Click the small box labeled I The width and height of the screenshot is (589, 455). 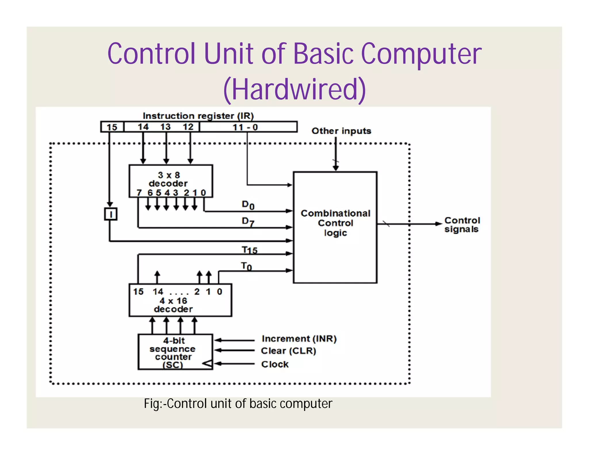pyautogui.click(x=110, y=214)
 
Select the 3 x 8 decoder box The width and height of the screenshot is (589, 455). pyautogui.click(x=171, y=181)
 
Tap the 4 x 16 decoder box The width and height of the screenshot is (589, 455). pyautogui.click(x=180, y=301)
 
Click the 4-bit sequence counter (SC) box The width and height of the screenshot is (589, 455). pyautogui.click(x=175, y=352)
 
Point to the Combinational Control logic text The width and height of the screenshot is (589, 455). pyautogui.click(x=335, y=223)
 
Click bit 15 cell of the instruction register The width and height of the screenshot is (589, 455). pyautogui.click(x=112, y=127)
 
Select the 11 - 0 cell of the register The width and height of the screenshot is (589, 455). pyautogui.click(x=248, y=127)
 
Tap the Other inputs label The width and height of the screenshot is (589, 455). pyautogui.click(x=341, y=131)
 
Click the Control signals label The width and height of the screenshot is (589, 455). pyautogui.click(x=462, y=225)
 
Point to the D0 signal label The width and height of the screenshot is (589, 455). pyautogui.click(x=248, y=205)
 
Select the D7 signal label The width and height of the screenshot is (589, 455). pyautogui.click(x=248, y=221)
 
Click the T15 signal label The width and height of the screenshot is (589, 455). pyautogui.click(x=249, y=250)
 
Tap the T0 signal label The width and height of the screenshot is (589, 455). pyautogui.click(x=246, y=266)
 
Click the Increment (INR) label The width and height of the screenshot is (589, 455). pyautogui.click(x=299, y=339)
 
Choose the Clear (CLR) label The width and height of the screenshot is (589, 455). pyautogui.click(x=288, y=351)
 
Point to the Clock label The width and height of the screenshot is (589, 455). pyautogui.click(x=275, y=364)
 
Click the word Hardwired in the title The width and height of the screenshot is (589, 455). pyautogui.click(x=294, y=90)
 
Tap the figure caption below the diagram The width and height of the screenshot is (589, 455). pyautogui.click(x=238, y=404)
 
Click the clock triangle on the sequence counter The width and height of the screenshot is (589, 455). pyautogui.click(x=208, y=364)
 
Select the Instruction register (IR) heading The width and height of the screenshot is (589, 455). pyautogui.click(x=198, y=116)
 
